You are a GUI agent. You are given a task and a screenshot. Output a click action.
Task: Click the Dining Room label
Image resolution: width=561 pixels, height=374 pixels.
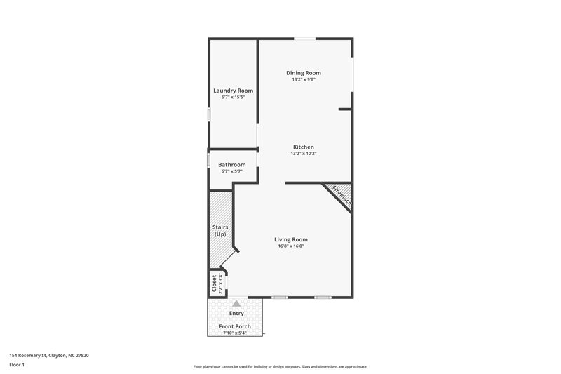click(304, 73)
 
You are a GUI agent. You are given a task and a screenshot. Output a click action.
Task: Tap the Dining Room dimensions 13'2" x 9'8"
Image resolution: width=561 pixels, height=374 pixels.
click(304, 80)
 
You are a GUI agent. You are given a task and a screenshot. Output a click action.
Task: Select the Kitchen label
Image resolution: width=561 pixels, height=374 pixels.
click(304, 147)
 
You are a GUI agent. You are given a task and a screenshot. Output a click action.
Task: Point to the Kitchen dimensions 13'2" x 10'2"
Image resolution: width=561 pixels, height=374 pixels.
click(304, 154)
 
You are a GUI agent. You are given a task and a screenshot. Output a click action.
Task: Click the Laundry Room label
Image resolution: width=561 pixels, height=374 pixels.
click(233, 91)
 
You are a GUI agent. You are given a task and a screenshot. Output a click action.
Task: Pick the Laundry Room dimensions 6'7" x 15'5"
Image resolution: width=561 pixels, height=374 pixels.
click(233, 98)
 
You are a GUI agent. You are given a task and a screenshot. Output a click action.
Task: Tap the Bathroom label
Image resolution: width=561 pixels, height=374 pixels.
click(232, 165)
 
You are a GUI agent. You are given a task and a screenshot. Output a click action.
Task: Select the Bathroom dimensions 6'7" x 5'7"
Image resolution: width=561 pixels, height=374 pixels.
click(232, 172)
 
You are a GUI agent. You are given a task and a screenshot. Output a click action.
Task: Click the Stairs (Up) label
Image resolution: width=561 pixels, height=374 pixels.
click(220, 231)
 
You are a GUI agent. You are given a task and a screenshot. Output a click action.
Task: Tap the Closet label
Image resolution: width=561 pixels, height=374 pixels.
click(215, 283)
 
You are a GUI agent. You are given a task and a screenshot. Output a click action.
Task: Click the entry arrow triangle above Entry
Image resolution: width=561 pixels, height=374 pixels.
click(226, 303)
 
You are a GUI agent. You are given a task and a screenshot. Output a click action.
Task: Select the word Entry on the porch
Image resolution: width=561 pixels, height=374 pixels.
click(236, 313)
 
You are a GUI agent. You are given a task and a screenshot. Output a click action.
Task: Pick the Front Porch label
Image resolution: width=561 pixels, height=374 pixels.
click(235, 327)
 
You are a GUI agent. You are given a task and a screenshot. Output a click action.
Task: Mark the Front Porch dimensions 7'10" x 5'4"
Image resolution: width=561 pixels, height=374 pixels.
click(235, 333)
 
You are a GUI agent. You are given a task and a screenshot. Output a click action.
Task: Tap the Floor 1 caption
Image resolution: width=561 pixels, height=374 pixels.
click(18, 366)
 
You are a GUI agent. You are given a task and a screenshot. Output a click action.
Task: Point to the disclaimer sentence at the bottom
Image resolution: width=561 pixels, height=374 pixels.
click(280, 366)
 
